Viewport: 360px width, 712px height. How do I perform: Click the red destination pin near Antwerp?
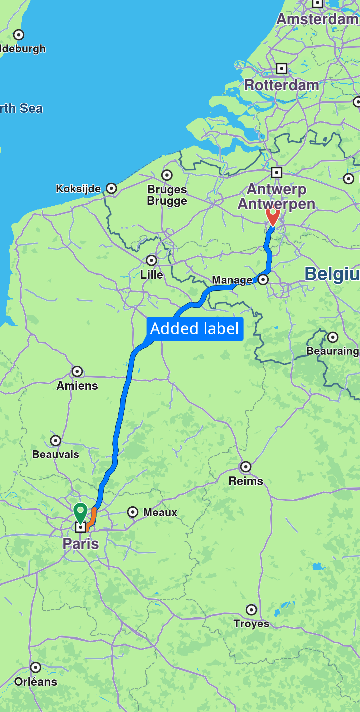[x=273, y=216]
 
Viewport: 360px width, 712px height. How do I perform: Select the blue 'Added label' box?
[x=195, y=329]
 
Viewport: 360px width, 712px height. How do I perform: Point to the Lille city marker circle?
[x=151, y=260]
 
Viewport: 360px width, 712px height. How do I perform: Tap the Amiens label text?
[x=77, y=386]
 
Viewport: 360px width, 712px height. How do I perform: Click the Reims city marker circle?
[x=246, y=467]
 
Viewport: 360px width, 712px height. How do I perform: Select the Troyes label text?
[x=251, y=623]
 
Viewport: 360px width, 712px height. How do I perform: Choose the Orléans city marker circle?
[x=35, y=667]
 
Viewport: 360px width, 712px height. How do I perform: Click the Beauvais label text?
[x=56, y=454]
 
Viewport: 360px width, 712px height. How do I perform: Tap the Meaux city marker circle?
[x=133, y=512]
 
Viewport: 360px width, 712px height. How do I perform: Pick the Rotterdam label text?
[x=282, y=85]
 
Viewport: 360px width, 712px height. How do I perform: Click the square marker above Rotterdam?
[x=282, y=69]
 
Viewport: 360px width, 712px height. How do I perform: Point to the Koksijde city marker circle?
[x=111, y=188]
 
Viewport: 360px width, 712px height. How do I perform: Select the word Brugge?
[x=167, y=201]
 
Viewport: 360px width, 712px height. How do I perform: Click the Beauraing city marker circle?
[x=332, y=337]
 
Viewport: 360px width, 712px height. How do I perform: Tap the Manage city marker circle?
[x=263, y=279]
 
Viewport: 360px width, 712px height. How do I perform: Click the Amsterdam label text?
[x=317, y=19]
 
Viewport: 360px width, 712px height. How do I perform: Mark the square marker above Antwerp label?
[x=276, y=172]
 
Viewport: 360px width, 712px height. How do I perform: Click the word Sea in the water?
[x=31, y=108]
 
